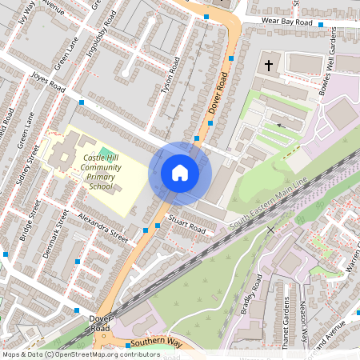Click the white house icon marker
click(180, 173)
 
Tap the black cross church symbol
click(269, 63)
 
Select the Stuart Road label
click(187, 224)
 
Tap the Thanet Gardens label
click(285, 318)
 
